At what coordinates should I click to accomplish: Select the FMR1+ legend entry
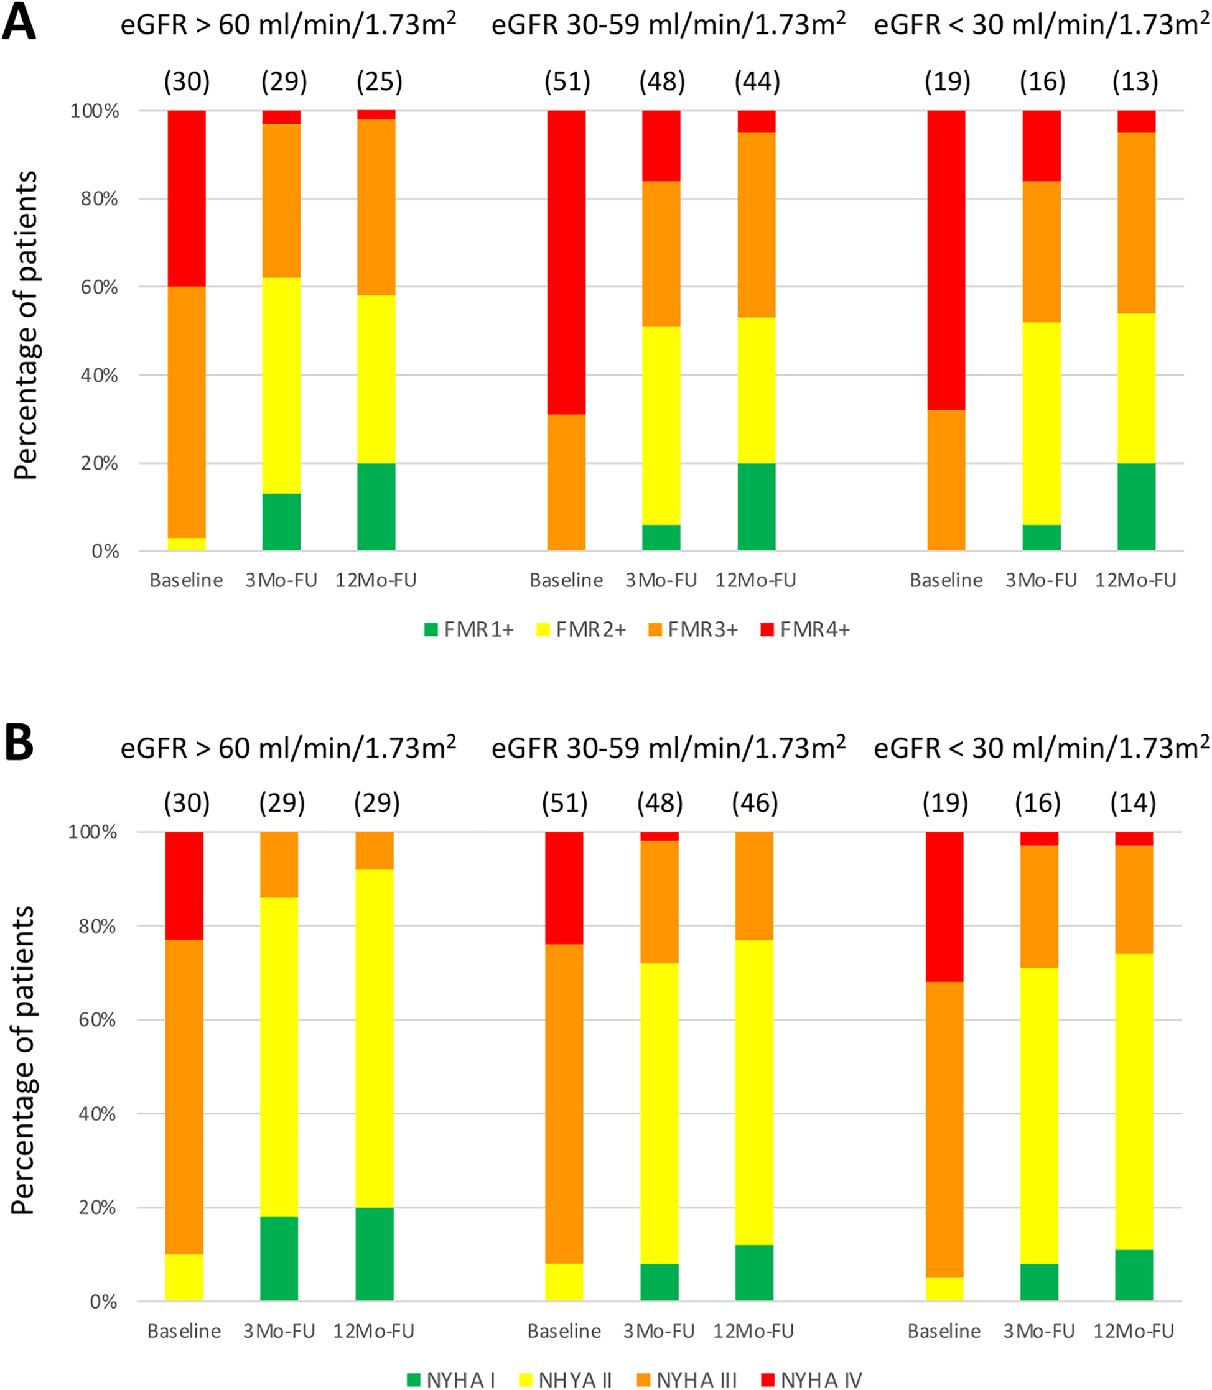[x=468, y=629]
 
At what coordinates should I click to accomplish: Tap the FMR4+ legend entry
[x=805, y=629]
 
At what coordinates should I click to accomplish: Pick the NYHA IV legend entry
[x=811, y=1379]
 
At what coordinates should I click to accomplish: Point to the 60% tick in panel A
[x=100, y=287]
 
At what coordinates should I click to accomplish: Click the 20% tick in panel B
[x=98, y=1207]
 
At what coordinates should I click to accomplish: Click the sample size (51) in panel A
[x=567, y=82]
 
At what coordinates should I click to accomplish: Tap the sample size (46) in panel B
[x=755, y=803]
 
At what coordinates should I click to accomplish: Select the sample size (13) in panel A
[x=1135, y=82]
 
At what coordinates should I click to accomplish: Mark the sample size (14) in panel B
[x=1133, y=803]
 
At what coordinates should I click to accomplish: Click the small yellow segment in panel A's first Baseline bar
[x=187, y=544]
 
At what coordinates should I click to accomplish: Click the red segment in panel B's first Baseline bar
[x=185, y=885]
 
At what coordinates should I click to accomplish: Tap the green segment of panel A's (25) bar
[x=376, y=506]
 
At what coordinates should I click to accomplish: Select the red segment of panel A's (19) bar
[x=946, y=261]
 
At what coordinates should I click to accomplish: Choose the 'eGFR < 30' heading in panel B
[x=1041, y=748]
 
